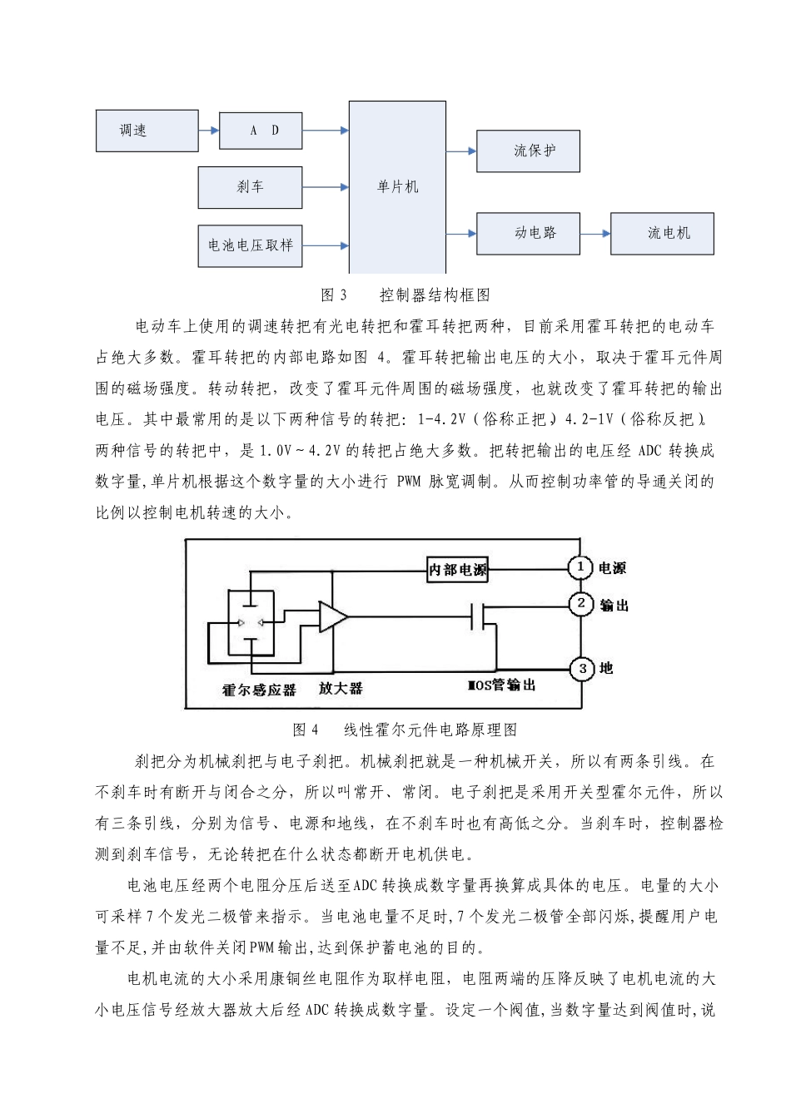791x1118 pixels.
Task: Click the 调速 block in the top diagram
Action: (x=147, y=131)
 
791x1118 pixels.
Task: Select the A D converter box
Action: (x=261, y=131)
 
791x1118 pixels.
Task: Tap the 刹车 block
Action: (x=250, y=187)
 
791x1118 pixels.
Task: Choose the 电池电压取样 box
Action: (x=250, y=245)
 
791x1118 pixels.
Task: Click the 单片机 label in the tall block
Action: (x=397, y=187)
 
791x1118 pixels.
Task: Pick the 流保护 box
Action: (x=528, y=151)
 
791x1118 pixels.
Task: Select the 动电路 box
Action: (x=528, y=233)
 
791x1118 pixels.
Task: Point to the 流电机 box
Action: (x=662, y=233)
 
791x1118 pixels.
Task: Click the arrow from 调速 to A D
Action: (x=209, y=131)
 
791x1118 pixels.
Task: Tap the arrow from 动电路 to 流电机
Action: (x=595, y=234)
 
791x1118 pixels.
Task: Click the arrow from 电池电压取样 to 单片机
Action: (x=326, y=245)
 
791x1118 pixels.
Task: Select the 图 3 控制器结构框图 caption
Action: (x=405, y=294)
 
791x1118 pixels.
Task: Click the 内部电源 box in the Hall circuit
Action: (x=457, y=570)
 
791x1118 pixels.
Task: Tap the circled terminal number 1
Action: (x=580, y=567)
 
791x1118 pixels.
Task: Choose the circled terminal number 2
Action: (x=581, y=604)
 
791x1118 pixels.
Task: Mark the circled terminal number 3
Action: (x=582, y=668)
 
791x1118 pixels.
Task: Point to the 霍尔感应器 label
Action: (x=259, y=690)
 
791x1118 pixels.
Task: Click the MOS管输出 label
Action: (x=501, y=685)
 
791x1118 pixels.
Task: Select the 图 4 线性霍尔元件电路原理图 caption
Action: (x=405, y=730)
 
